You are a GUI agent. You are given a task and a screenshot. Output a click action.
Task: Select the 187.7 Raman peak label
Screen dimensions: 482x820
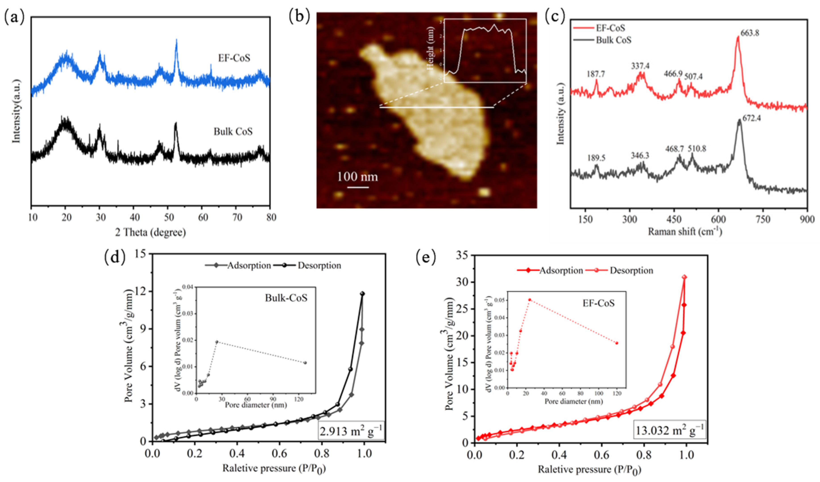pyautogui.click(x=596, y=74)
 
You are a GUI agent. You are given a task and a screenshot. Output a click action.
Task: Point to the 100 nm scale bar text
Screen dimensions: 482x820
pyautogui.click(x=357, y=177)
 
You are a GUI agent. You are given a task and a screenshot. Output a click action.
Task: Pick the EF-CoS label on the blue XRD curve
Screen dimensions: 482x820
pyautogui.click(x=234, y=58)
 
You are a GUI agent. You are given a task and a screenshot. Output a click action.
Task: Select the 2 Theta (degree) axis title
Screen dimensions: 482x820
pyautogui.click(x=150, y=232)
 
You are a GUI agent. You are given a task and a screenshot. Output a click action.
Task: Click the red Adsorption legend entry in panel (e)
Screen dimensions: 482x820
pyautogui.click(x=550, y=270)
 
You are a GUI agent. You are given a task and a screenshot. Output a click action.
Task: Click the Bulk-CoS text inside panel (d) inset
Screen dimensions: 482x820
pyautogui.click(x=286, y=298)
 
